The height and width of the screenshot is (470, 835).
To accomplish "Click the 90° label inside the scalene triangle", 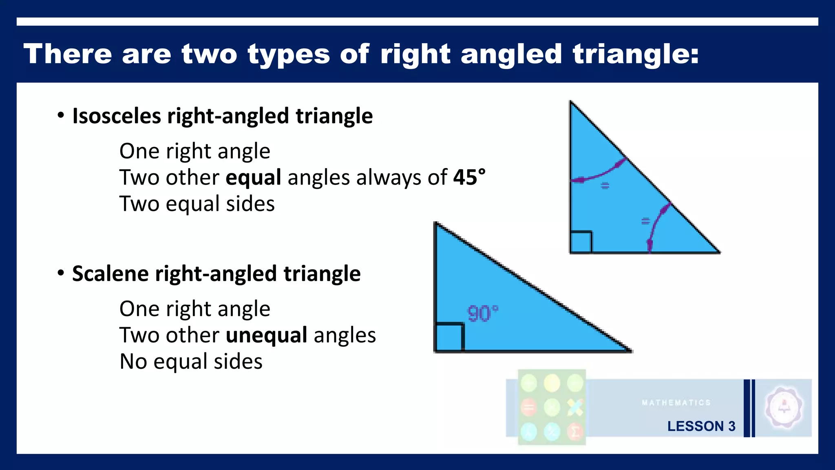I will [483, 314].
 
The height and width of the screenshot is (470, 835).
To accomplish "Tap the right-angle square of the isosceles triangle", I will [581, 242].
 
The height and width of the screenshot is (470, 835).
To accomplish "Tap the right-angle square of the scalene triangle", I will [449, 337].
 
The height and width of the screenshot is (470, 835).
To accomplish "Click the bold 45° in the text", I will [469, 177].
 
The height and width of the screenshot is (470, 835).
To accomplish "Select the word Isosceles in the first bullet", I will [116, 116].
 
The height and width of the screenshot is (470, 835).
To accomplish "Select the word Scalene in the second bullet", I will [110, 274].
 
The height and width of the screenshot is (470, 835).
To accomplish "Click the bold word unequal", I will [266, 335].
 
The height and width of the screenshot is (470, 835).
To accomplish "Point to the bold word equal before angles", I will [253, 178].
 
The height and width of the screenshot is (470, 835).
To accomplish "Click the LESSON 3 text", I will [701, 426].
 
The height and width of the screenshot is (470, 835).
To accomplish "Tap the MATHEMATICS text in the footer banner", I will [676, 403].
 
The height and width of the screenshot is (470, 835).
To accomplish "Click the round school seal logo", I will [784, 408].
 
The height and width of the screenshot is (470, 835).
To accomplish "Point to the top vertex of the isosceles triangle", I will [571, 102].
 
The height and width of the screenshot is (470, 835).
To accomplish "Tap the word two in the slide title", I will [209, 54].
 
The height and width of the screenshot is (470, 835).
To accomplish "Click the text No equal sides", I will [191, 361].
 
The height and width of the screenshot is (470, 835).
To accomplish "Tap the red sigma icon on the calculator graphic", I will [575, 431].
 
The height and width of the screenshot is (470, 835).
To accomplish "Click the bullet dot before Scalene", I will [61, 273].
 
